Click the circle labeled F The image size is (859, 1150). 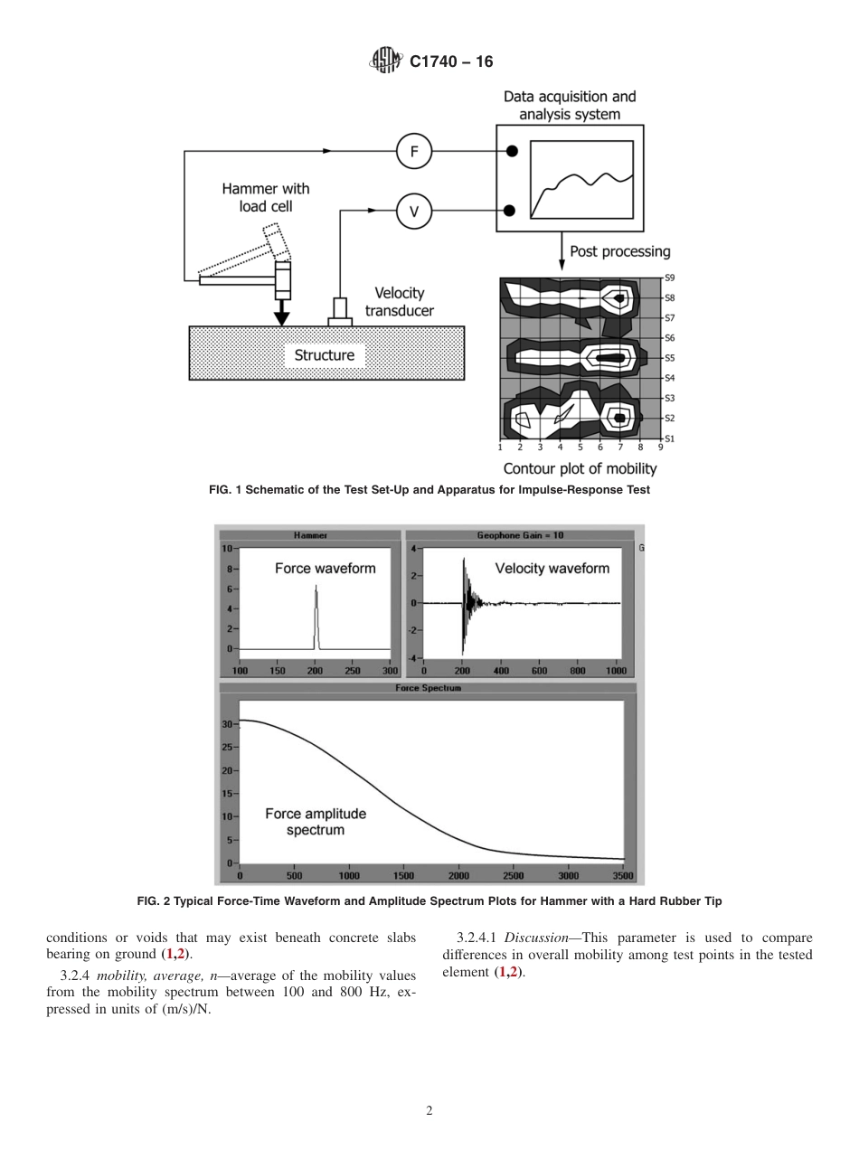(414, 152)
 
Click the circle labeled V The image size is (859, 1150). (414, 212)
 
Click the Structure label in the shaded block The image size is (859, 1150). (324, 355)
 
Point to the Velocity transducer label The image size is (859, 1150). (399, 302)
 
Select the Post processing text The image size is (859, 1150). (619, 251)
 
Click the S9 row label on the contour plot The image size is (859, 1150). (669, 278)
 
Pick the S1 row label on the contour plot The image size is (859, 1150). (669, 438)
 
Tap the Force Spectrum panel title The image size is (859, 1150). (429, 688)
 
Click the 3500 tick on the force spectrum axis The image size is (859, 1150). (622, 876)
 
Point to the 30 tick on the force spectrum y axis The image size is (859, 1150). (229, 724)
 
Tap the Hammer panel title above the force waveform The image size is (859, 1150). (310, 535)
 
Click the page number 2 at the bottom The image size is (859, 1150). (429, 1111)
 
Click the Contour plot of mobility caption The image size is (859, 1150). (580, 468)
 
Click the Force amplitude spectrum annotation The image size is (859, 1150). (315, 822)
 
